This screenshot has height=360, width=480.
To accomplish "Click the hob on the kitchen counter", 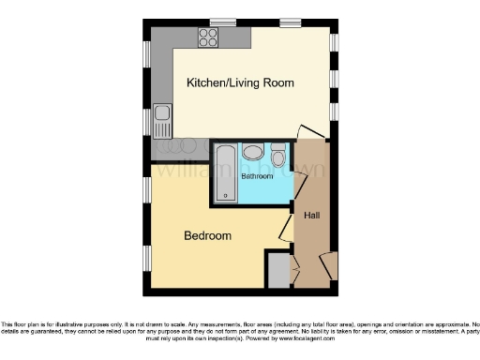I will click(x=208, y=38).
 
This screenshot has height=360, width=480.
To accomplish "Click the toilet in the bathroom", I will click(x=278, y=157).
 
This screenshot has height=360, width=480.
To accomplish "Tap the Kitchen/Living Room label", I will click(x=240, y=83).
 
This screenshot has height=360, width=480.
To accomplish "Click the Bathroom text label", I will click(x=257, y=176).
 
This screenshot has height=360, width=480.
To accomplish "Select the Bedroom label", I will click(x=207, y=235).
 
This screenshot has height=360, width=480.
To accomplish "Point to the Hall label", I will click(x=313, y=216).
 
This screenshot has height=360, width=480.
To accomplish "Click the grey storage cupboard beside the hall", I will click(x=278, y=271).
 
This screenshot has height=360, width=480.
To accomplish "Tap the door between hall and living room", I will click(x=307, y=133).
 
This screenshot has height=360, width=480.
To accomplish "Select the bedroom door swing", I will click(x=286, y=229).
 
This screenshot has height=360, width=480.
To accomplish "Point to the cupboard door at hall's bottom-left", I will click(x=294, y=272).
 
